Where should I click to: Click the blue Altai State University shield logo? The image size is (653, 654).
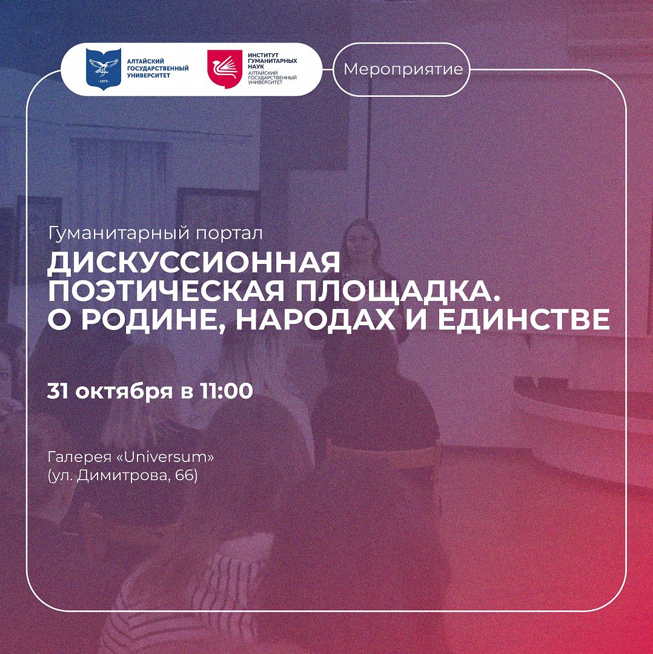click(x=104, y=68)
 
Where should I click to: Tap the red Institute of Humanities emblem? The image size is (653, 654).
click(x=225, y=69)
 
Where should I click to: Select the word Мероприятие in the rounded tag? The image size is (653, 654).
click(x=403, y=69)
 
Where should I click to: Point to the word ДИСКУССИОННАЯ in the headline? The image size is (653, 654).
click(x=194, y=263)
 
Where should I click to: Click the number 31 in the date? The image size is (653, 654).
click(x=58, y=391)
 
